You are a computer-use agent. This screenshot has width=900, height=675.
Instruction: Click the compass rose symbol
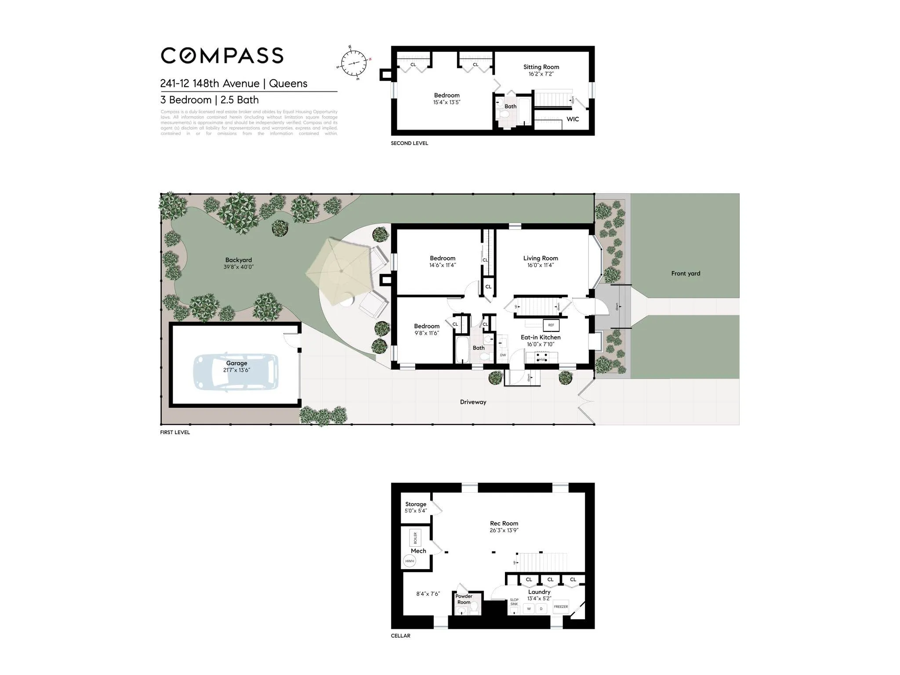click(354, 63)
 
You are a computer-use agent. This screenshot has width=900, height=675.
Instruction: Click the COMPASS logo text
click(222, 56)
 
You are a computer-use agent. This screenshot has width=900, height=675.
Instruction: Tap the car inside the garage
click(236, 371)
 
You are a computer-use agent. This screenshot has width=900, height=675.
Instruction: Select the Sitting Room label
click(541, 67)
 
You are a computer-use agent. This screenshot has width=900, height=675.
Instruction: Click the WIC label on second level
click(573, 119)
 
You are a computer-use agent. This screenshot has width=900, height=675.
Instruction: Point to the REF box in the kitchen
click(551, 325)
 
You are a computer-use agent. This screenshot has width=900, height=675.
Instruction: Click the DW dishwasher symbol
click(503, 355)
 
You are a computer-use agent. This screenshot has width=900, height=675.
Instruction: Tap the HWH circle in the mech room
click(410, 561)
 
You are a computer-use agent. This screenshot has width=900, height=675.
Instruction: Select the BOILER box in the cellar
click(415, 538)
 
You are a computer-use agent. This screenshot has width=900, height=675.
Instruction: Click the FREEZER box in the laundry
click(561, 607)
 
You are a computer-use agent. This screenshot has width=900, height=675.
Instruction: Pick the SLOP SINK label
click(514, 602)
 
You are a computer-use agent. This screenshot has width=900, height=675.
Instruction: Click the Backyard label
click(239, 260)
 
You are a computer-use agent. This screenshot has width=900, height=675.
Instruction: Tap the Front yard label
click(686, 273)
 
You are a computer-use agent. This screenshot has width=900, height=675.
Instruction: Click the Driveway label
click(473, 402)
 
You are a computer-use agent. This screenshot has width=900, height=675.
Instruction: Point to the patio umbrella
click(341, 271)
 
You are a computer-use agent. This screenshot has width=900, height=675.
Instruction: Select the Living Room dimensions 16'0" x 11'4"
click(541, 265)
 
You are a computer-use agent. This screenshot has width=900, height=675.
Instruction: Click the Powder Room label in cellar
click(464, 599)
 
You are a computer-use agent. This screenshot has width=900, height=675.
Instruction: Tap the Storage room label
click(416, 504)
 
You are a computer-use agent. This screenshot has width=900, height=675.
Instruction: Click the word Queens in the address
click(288, 83)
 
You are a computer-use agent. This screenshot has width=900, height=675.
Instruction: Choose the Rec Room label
click(504, 523)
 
